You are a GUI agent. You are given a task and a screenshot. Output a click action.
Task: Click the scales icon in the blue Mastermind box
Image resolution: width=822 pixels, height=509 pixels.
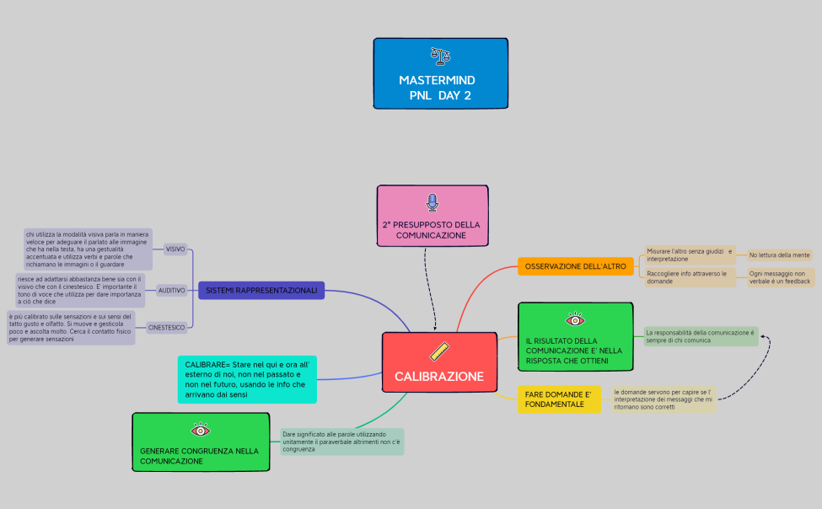click(x=440, y=56)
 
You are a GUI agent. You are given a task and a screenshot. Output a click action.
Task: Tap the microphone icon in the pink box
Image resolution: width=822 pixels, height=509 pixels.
click(x=432, y=202)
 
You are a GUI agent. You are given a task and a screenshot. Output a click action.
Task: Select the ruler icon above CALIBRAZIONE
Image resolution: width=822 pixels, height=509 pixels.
click(x=439, y=352)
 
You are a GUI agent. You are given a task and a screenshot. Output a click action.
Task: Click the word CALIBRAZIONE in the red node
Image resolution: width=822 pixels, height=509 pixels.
click(x=439, y=376)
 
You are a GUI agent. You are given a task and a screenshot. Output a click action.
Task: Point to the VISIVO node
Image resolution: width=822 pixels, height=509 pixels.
click(x=175, y=249)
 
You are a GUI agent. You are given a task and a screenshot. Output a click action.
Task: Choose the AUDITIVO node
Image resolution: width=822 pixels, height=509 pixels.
click(x=171, y=290)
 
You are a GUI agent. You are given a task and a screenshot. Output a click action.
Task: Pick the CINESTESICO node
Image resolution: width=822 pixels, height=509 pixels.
click(x=166, y=327)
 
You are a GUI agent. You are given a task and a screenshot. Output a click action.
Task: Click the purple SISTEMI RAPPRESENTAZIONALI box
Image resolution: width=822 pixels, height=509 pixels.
click(x=261, y=291)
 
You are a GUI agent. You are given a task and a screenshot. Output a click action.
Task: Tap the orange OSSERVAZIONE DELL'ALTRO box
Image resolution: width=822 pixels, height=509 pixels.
click(x=575, y=266)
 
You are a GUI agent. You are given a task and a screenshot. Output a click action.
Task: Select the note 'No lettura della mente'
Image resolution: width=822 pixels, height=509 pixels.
click(x=779, y=254)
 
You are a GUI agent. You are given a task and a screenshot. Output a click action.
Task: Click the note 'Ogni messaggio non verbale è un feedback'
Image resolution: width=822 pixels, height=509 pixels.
click(x=780, y=277)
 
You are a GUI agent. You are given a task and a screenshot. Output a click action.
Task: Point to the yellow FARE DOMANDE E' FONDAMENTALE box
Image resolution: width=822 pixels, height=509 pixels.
click(x=559, y=399)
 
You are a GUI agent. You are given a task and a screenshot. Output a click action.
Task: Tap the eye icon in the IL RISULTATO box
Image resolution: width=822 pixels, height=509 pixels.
click(x=575, y=319)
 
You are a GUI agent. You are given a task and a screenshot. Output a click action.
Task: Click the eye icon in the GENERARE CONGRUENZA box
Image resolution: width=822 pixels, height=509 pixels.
click(x=200, y=430)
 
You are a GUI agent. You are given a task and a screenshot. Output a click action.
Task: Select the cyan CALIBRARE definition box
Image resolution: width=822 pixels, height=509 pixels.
click(x=247, y=378)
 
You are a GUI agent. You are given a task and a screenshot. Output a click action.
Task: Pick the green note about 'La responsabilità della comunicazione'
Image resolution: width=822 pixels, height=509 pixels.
click(x=700, y=336)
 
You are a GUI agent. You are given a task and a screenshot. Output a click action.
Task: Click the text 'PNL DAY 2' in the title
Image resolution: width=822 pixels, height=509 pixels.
click(x=440, y=95)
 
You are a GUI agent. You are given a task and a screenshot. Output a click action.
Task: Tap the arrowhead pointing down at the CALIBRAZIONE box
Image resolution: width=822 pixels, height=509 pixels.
click(x=436, y=328)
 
